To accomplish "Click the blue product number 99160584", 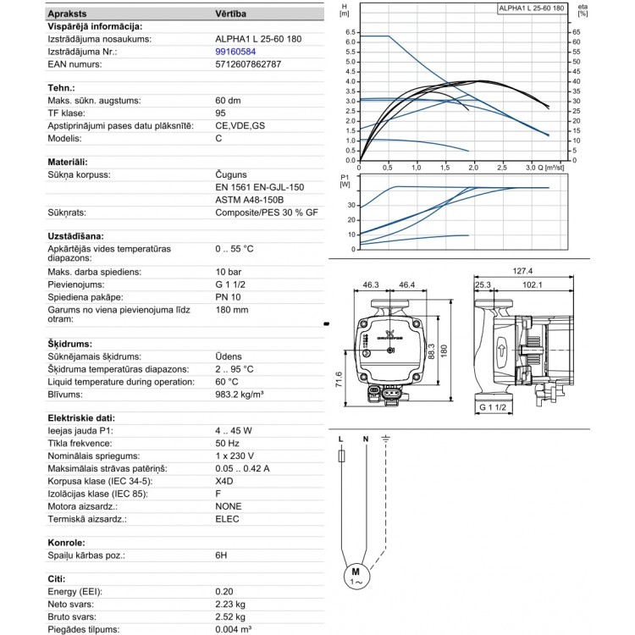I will pos(235,51).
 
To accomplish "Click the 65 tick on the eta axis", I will pos(577,31).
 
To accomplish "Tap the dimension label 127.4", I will pos(523,272).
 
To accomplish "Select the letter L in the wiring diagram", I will pos(340,439).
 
